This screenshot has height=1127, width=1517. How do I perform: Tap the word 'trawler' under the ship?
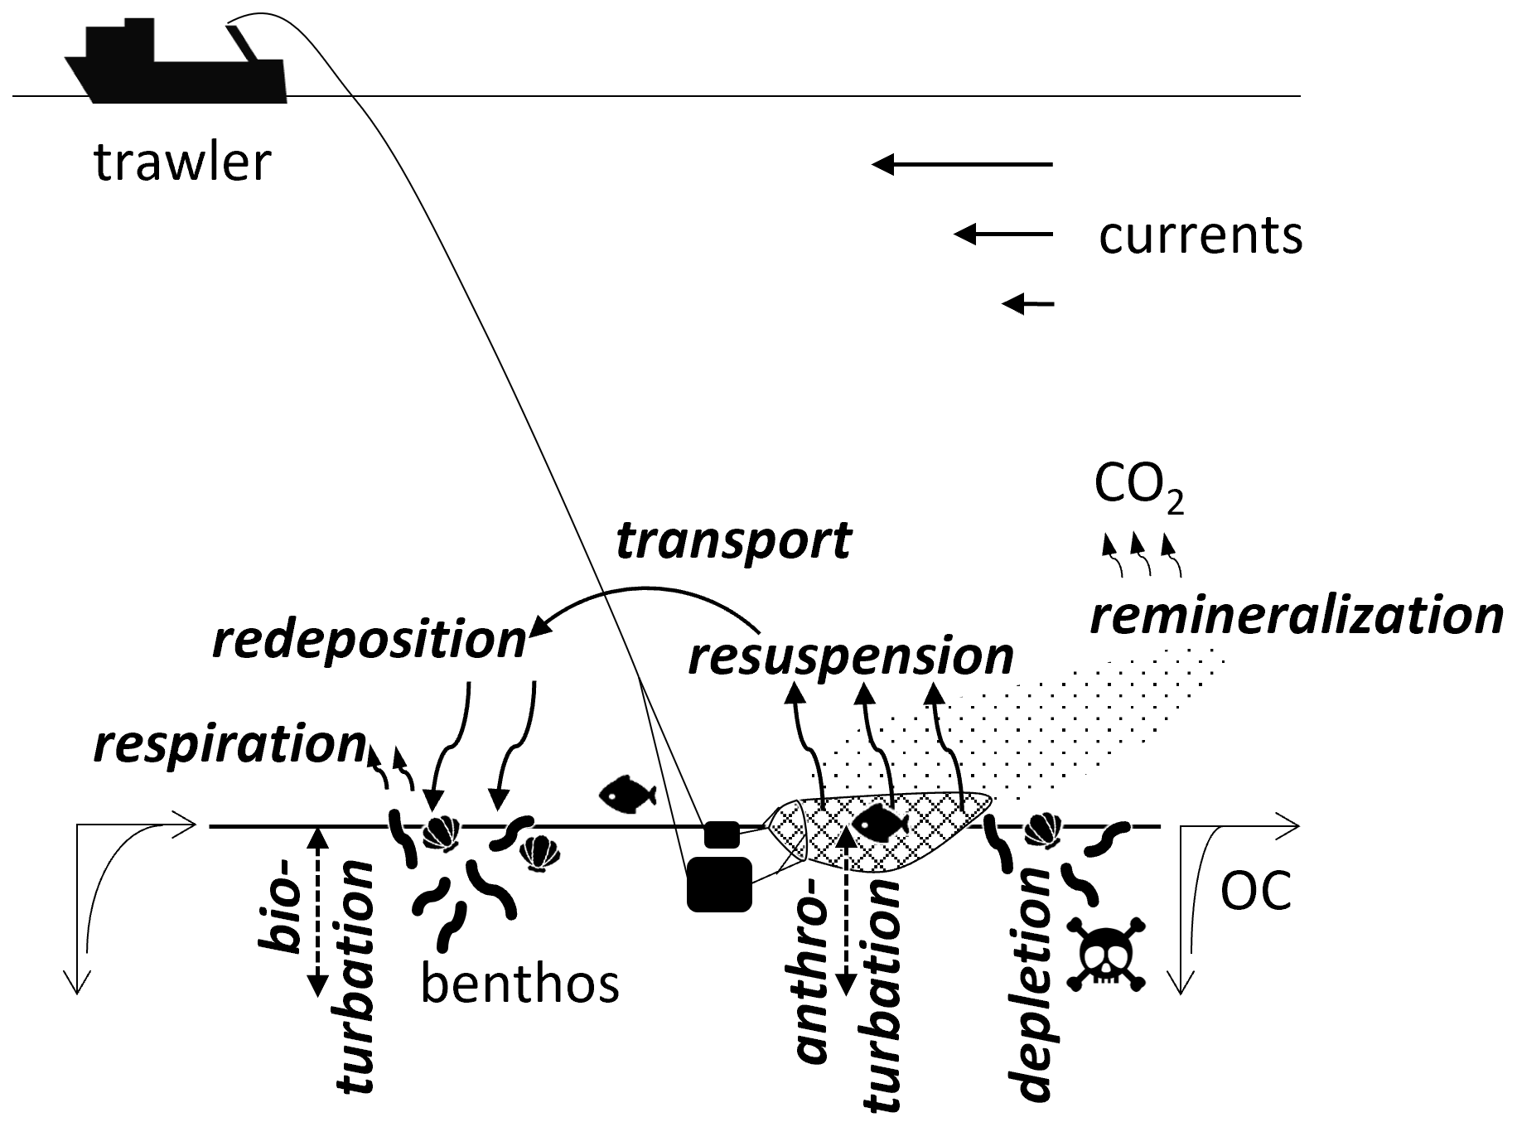point(182,162)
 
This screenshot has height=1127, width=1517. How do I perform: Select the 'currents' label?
point(1200,235)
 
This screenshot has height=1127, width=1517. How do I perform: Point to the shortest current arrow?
point(1028,304)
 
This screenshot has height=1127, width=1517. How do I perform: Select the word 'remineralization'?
point(1296,617)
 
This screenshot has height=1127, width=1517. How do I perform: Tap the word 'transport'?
point(733,541)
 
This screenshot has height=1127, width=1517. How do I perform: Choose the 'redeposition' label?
point(370,641)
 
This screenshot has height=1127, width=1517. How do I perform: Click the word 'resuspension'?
point(851,656)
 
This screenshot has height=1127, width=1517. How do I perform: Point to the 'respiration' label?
point(229,744)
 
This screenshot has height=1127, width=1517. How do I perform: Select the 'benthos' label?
point(519,984)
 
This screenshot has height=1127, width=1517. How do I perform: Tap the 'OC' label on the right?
point(1256,892)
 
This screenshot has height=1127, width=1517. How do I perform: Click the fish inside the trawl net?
point(882,824)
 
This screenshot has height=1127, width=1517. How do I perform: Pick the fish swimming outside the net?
point(627,794)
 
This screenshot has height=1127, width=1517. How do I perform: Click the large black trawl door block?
point(719,884)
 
